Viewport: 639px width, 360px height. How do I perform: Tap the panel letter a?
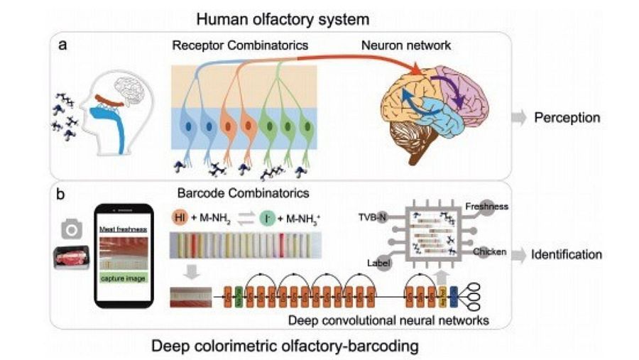tap(64, 48)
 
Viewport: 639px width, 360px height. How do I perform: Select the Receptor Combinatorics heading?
tap(239, 46)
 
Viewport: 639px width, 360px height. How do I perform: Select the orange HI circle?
tap(181, 217)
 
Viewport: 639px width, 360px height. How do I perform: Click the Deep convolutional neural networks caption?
tap(388, 320)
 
